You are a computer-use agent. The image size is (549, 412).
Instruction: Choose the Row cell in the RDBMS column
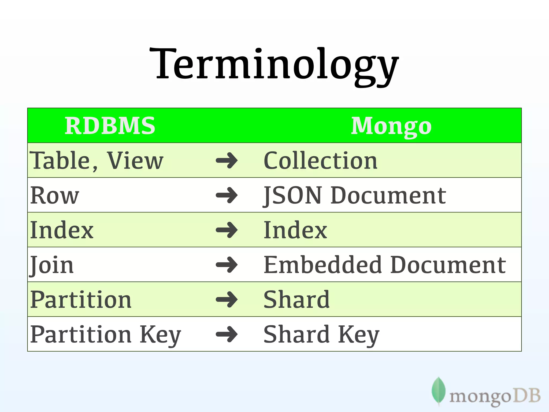[x=55, y=195]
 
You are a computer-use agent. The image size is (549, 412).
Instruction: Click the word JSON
[x=292, y=195]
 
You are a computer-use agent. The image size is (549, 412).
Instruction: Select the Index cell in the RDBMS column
[x=62, y=230]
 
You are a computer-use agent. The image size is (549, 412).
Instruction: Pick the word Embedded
[x=324, y=265]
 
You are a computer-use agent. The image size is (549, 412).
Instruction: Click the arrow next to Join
[x=227, y=265]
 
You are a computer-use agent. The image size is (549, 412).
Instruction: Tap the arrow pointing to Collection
[x=227, y=161]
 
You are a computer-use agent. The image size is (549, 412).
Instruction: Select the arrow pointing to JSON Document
[x=227, y=195]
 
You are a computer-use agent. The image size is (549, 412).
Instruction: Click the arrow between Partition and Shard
[x=227, y=300]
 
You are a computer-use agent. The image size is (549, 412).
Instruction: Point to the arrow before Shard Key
[x=227, y=334]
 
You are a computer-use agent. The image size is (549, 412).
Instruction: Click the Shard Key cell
[x=321, y=334]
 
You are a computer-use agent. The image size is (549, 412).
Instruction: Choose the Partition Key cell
[x=106, y=334]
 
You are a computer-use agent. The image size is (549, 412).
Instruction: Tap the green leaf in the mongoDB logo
[x=439, y=391]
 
